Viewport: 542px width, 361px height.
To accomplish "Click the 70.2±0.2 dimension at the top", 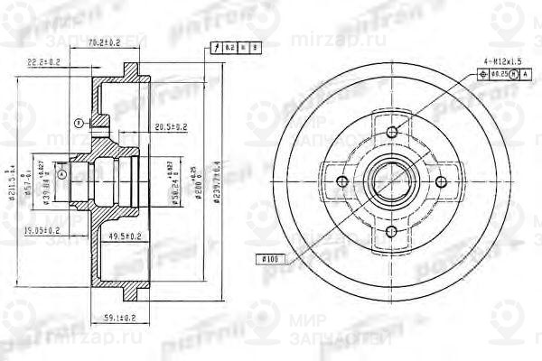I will coord(109,41).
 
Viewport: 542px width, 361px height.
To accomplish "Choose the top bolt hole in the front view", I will coord(391,133).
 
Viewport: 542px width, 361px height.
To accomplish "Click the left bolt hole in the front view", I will coord(341,182).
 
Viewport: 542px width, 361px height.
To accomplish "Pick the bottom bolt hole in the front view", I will coord(392,233).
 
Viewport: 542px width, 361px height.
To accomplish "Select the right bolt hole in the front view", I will coord(442,183).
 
